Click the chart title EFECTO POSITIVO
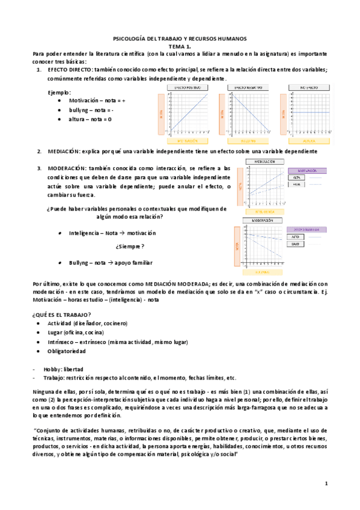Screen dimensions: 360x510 187,88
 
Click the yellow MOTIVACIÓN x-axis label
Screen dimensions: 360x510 187,141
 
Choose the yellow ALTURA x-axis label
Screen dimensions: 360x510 305,141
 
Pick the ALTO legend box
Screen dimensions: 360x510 296,237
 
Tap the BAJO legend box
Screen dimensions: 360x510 296,245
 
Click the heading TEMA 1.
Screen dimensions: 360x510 180,46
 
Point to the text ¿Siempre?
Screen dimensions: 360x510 130,247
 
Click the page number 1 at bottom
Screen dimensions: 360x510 326,483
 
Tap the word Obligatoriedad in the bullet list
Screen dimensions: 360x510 67,351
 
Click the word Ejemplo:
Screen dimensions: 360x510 59,92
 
